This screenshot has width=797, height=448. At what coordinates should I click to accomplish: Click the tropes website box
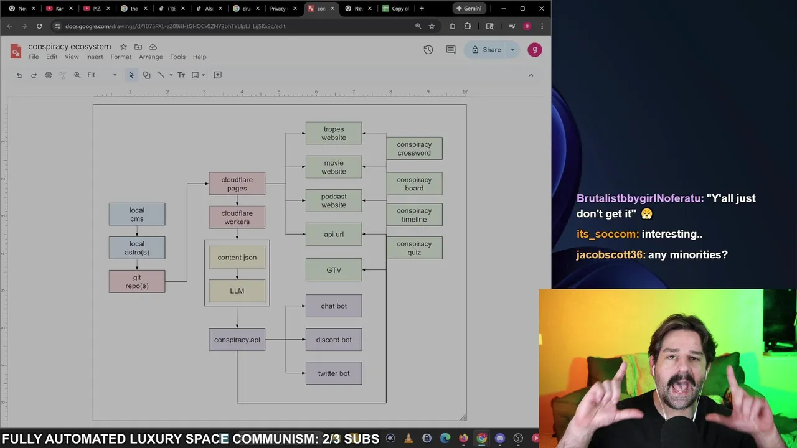click(x=333, y=133)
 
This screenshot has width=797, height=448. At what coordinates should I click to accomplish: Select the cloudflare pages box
click(x=237, y=184)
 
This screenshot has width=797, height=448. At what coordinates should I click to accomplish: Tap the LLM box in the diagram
click(x=237, y=291)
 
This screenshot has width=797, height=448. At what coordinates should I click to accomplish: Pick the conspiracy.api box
click(x=237, y=340)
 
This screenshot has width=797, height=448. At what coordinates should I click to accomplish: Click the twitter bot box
click(x=333, y=373)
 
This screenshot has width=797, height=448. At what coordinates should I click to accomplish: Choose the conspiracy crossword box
click(x=414, y=149)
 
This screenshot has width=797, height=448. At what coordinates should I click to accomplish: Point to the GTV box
click(x=333, y=270)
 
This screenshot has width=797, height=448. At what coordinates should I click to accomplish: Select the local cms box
click(x=136, y=214)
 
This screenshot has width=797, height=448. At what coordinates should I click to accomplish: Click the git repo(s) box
click(x=136, y=281)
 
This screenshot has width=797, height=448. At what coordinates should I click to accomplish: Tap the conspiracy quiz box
click(x=414, y=248)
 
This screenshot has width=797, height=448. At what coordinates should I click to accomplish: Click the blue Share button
click(x=486, y=50)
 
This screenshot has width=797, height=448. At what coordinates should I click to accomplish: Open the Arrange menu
click(x=151, y=57)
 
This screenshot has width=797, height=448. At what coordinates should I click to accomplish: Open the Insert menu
click(x=95, y=57)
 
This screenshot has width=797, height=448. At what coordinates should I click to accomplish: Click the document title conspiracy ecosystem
click(x=69, y=47)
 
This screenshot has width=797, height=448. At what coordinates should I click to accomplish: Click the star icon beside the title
click(x=123, y=47)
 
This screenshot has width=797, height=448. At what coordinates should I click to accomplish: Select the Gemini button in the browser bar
click(x=469, y=9)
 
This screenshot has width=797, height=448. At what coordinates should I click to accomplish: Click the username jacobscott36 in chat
click(x=610, y=254)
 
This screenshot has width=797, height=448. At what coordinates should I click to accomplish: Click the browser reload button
click(x=39, y=26)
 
